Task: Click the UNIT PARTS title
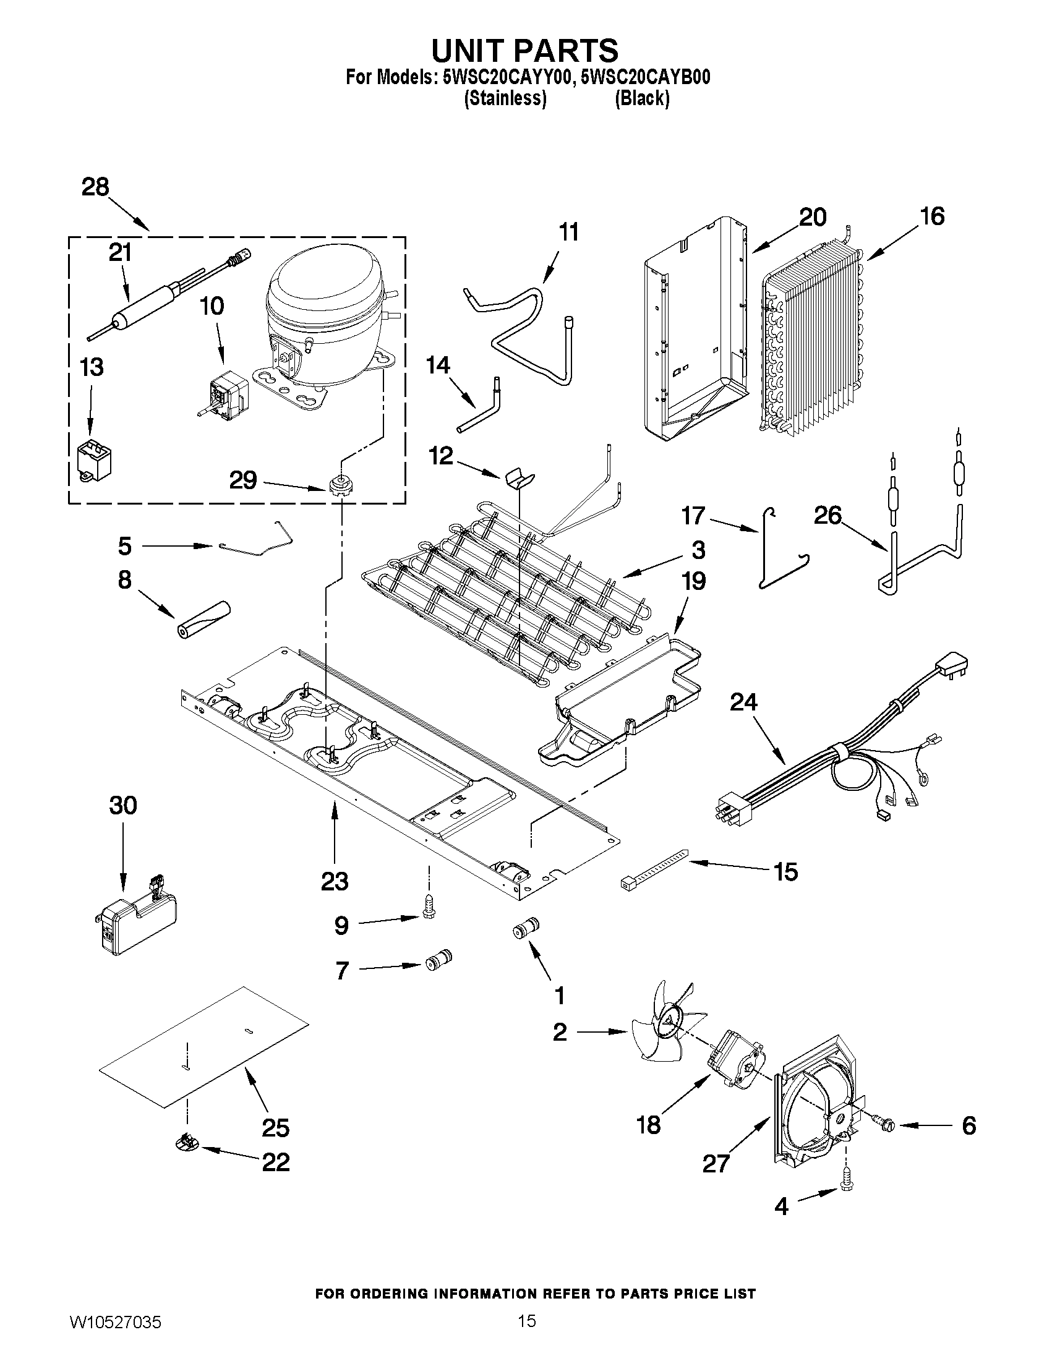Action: [x=525, y=50]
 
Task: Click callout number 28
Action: [x=95, y=187]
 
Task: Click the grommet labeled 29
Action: [x=339, y=484]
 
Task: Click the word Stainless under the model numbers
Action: [x=505, y=98]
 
